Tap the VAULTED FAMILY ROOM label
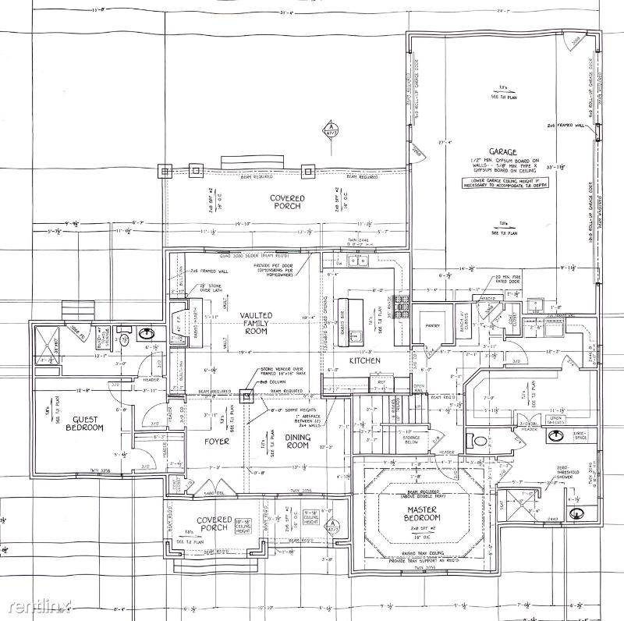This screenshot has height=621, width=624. click(255, 322)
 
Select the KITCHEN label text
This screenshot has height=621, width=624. click(364, 360)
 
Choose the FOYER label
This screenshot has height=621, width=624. click(216, 442)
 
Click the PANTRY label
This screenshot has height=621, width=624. click(433, 326)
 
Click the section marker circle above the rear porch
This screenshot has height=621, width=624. click(330, 126)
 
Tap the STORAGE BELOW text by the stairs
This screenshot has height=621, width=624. click(412, 441)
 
